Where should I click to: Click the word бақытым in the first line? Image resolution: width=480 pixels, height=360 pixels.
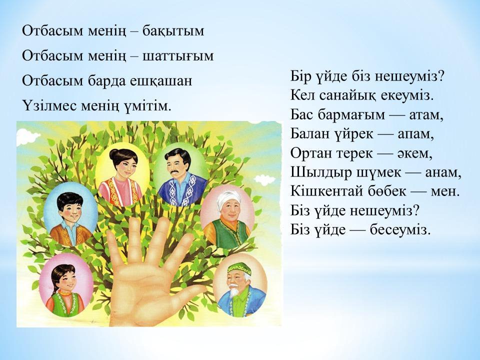[173, 31]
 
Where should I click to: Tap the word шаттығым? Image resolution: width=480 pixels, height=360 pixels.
[178, 56]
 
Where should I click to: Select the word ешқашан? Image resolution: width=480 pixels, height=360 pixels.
[161, 81]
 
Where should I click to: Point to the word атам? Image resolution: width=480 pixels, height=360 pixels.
[426, 115]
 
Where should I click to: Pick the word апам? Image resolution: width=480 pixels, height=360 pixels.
[415, 134]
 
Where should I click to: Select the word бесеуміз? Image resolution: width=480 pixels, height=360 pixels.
[400, 229]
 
